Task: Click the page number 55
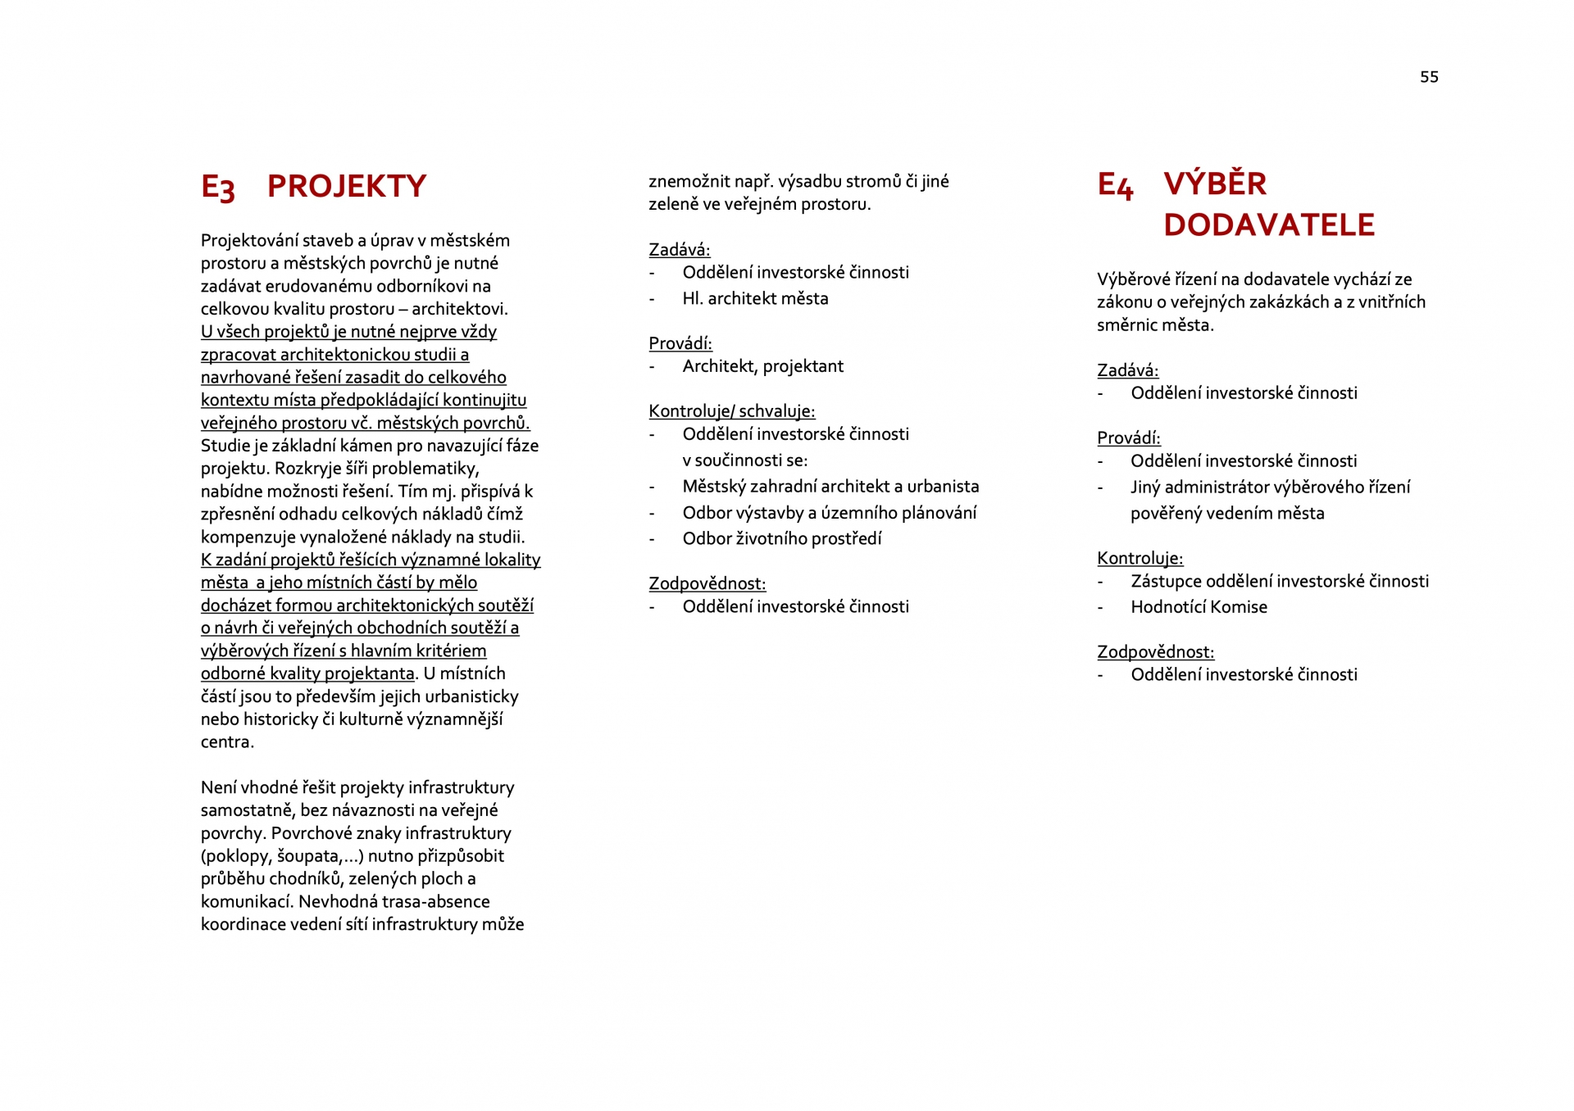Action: pos(1429,77)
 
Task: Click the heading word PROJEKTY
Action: pos(347,186)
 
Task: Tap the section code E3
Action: pos(218,188)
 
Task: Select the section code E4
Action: pos(1115,185)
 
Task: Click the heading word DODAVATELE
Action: pos(1268,225)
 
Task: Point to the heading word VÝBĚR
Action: pos(1215,184)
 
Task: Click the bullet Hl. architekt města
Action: pos(755,299)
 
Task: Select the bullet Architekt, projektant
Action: pos(762,366)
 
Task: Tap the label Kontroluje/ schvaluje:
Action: pos(731,411)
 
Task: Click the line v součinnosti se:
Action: pos(744,460)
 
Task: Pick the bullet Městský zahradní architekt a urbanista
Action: pos(830,487)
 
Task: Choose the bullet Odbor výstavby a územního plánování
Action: pos(829,513)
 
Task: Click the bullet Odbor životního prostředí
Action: pos(781,539)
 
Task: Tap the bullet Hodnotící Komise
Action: pos(1199,607)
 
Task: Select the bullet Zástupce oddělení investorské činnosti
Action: pos(1279,582)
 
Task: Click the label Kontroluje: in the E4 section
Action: pos(1140,559)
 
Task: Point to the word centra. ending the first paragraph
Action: pos(227,742)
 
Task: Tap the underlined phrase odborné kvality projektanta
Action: pos(307,673)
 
